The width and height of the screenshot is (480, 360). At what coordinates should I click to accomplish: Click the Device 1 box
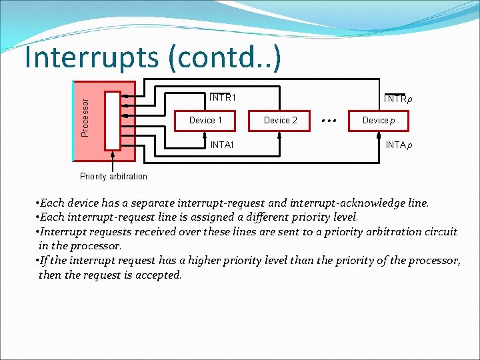[x=205, y=121]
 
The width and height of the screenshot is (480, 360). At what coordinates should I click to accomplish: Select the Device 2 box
[x=281, y=121]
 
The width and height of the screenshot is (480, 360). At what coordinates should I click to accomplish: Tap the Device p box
[x=379, y=121]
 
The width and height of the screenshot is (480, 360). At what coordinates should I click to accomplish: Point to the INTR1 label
[x=223, y=97]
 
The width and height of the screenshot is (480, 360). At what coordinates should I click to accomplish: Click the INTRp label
[x=397, y=99]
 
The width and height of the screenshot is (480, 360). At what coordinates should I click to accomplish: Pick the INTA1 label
[x=222, y=145]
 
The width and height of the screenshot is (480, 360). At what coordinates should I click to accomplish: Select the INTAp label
[x=399, y=145]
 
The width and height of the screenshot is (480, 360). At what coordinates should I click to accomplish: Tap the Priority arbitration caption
[x=113, y=177]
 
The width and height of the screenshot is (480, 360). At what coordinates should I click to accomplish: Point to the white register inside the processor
[x=112, y=120]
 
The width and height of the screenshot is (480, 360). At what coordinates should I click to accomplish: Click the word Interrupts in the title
[x=91, y=58]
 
